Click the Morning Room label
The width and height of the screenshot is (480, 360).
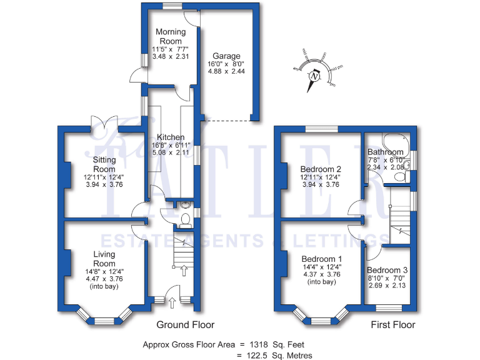[x=171, y=36]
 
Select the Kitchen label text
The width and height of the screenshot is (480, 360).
[x=170, y=137]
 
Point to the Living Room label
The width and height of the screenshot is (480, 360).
[x=104, y=259]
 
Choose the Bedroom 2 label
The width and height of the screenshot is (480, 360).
[x=320, y=169]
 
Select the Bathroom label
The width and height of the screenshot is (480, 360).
[x=385, y=152]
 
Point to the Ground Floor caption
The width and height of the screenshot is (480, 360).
[x=185, y=324]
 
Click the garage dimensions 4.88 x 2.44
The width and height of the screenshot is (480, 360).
[x=226, y=71]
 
